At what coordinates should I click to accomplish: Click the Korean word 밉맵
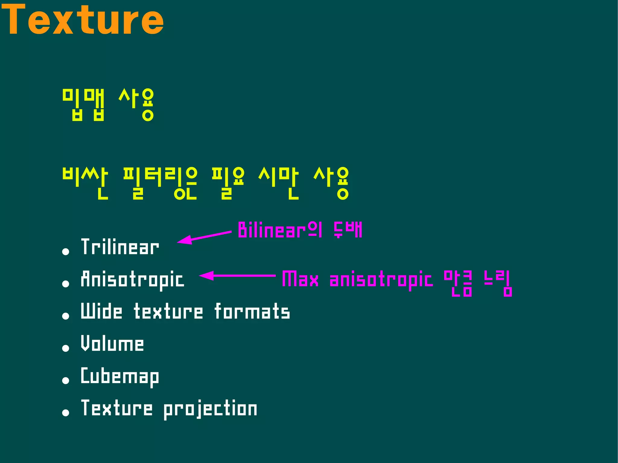pos(84,105)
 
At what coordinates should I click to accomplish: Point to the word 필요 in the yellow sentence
pos(228,183)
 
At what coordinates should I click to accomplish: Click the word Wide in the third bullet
pos(101,311)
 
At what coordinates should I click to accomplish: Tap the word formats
pos(252,312)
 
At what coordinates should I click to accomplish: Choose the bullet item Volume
pos(112,344)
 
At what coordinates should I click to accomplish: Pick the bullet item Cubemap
pos(120,376)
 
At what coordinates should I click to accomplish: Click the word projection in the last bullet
pos(210,409)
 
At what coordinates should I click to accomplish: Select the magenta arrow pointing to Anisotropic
pos(237,276)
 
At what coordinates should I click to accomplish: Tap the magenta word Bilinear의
pos(280,230)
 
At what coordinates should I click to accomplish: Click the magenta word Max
pos(300,279)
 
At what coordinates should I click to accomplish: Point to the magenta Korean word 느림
pos(498,283)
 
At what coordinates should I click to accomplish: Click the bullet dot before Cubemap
pos(65,380)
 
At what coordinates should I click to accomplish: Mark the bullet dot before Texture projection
pos(65,413)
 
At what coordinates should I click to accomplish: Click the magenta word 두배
pos(348,230)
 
